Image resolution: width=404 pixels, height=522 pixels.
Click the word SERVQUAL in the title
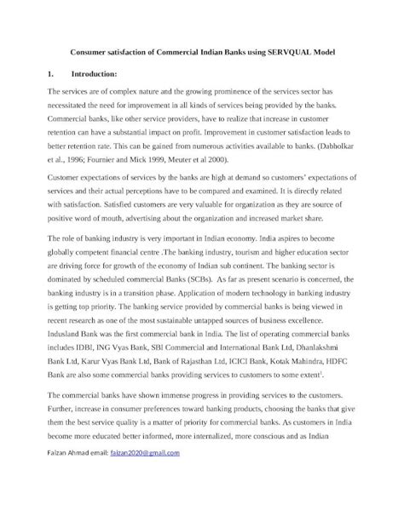point(290,53)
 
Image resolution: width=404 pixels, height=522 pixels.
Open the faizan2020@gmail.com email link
point(146,453)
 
